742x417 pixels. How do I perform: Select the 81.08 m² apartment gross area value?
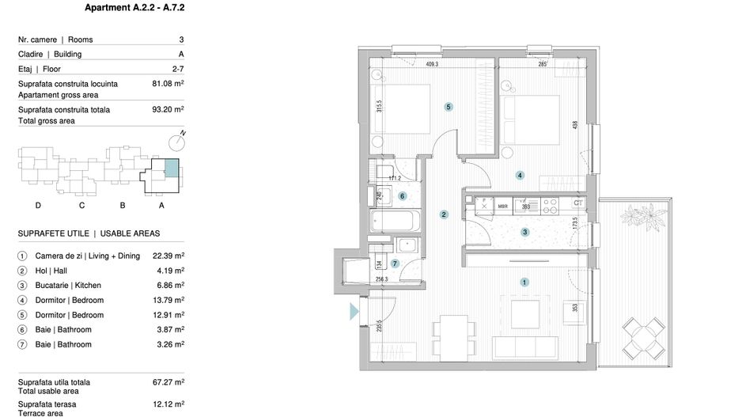168,83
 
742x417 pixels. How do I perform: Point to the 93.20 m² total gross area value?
168,110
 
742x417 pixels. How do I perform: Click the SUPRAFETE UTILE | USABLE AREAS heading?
89,233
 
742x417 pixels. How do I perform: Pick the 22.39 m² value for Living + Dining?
168,256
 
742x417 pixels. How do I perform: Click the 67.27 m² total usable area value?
168,382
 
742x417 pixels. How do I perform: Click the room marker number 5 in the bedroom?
448,107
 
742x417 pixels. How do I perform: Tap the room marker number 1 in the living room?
523,282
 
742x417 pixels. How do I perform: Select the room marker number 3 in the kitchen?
524,232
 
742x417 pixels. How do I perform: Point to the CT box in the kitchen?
578,203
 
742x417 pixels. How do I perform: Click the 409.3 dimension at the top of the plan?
432,65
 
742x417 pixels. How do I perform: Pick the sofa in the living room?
524,347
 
